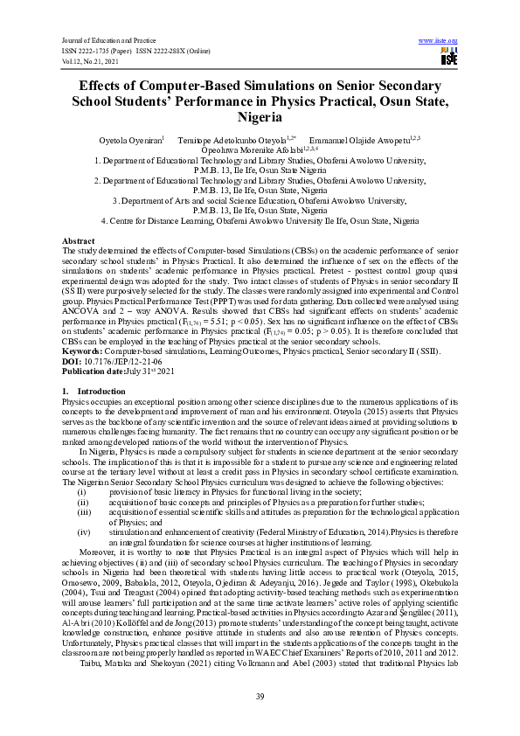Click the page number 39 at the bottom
(260, 696)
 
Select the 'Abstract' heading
(79, 240)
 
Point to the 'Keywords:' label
(83, 351)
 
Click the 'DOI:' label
(73, 361)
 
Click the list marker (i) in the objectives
(82, 492)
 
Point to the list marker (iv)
(84, 530)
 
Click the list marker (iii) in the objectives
(84, 511)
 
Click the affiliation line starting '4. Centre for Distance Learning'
(260, 220)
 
